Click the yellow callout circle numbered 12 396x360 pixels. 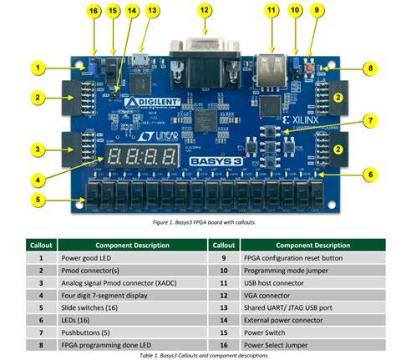(205, 11)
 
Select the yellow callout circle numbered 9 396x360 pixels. (316, 11)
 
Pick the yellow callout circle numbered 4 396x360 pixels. (37, 178)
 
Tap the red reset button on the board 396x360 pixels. (311, 66)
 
